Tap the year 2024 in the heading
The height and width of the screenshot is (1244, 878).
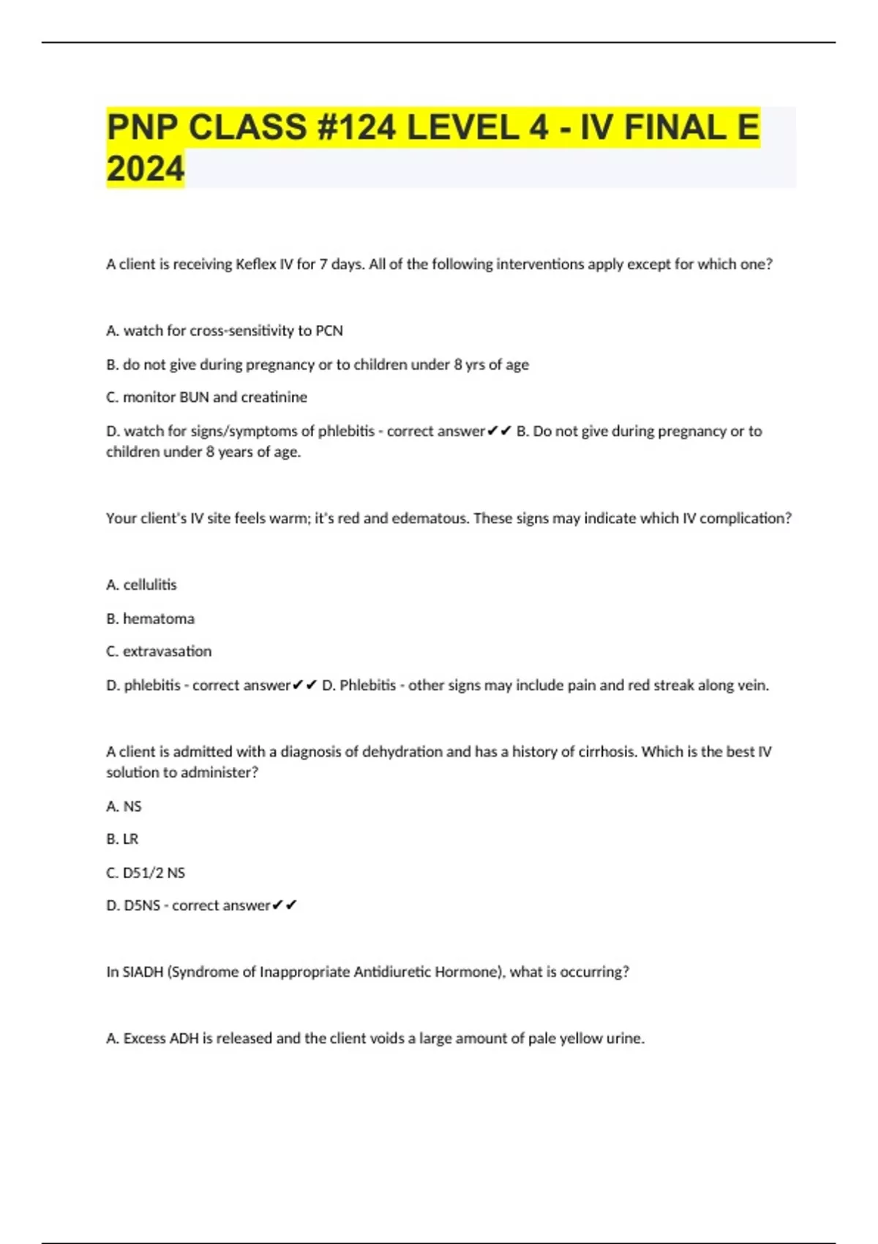145,169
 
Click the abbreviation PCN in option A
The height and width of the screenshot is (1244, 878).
329,331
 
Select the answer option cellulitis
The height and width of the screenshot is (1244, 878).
150,585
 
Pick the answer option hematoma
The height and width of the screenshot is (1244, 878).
159,619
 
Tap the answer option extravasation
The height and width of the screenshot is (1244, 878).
167,651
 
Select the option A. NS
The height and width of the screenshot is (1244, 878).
124,806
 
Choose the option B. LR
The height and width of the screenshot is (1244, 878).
122,839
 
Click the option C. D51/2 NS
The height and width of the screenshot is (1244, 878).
146,873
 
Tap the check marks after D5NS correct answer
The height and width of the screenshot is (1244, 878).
285,906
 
